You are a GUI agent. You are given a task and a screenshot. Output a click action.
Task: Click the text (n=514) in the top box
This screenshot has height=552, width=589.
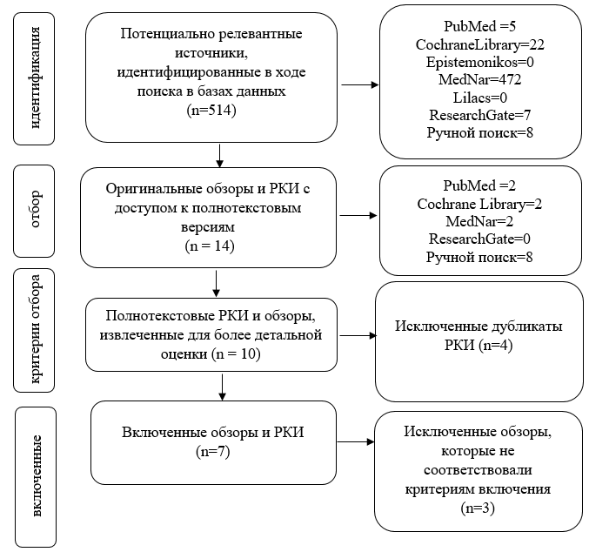point(211,111)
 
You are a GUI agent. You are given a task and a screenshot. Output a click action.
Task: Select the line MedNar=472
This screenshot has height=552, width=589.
point(479,79)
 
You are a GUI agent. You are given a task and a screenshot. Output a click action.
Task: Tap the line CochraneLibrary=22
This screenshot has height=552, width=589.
point(479,44)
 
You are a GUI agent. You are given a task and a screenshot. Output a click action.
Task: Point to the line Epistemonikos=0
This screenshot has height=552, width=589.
point(479,62)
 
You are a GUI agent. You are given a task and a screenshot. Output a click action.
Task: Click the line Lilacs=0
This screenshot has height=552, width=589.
point(479,98)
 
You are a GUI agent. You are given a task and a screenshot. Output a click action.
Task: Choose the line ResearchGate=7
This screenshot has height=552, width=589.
point(479,115)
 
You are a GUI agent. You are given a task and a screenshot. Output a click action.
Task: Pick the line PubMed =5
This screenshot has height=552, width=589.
point(479,26)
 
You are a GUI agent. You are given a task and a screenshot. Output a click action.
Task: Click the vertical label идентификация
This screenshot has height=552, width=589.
point(35,77)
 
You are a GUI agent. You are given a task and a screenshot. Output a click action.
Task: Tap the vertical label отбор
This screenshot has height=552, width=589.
point(35,209)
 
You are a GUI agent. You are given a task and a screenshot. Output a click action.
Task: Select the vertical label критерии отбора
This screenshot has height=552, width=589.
point(35,329)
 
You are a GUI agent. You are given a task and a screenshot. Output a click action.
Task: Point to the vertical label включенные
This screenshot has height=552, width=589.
point(36,476)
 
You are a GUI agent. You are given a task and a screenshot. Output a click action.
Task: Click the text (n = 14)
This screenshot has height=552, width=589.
point(210,246)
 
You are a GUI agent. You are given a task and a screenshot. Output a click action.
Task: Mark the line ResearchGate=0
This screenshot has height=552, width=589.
point(479,239)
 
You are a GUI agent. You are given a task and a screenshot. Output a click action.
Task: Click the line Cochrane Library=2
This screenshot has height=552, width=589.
point(479,205)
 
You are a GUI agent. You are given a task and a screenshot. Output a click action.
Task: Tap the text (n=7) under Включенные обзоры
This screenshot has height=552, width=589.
point(213,451)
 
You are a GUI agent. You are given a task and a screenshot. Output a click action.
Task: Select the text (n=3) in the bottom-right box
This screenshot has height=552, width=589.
point(478,508)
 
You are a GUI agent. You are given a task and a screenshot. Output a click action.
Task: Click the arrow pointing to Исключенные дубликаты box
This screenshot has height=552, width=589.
point(358,335)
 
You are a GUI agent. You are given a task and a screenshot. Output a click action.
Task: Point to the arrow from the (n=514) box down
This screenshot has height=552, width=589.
point(220,156)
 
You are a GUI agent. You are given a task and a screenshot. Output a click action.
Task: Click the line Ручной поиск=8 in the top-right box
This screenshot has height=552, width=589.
point(479,132)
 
